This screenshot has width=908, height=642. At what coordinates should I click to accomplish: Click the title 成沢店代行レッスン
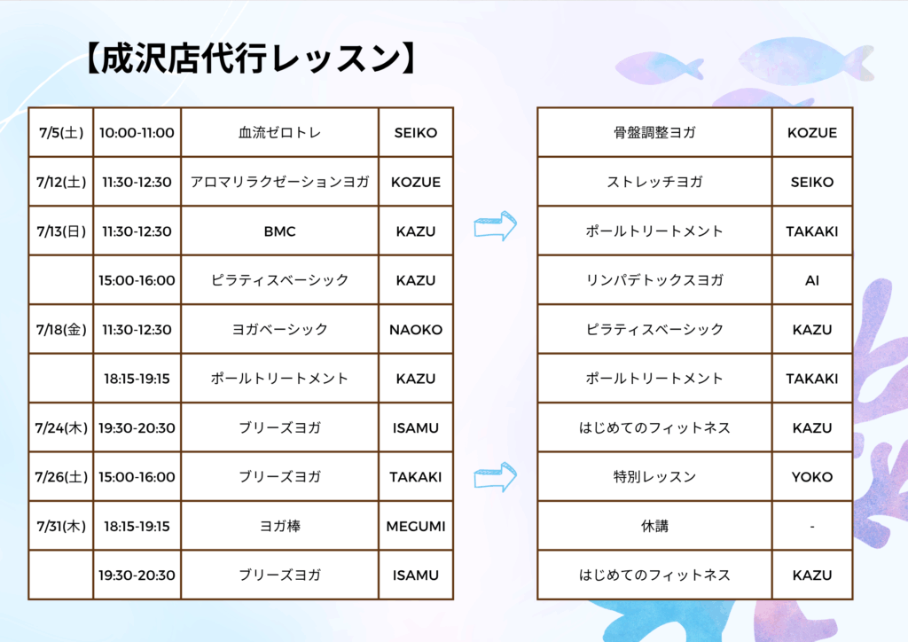[x=250, y=58]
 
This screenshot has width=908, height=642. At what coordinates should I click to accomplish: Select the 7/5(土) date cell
[x=61, y=133]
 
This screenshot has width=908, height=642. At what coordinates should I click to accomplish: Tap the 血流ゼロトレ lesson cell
[x=279, y=133]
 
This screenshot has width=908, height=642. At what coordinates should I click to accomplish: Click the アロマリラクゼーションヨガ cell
[x=279, y=182]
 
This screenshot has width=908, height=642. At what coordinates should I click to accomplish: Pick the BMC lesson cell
[x=279, y=231]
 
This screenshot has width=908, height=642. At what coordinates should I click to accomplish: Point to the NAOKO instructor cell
[x=416, y=329]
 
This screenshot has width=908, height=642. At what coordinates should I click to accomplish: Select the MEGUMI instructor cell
[x=416, y=526]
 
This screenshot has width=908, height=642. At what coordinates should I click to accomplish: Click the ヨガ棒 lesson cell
[x=279, y=526]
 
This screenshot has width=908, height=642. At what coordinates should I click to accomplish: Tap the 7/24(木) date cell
[x=61, y=427]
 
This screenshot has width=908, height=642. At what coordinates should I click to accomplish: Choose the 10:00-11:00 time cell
[x=137, y=133]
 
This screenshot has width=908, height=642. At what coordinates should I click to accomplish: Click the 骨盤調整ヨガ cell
[x=654, y=133]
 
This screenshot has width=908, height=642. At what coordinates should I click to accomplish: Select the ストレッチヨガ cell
[x=654, y=182]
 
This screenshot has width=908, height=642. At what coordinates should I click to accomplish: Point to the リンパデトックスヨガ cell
[x=654, y=280]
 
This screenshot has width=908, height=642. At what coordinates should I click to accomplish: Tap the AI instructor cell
[x=812, y=280]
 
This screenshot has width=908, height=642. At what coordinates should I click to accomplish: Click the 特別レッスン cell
[x=654, y=477]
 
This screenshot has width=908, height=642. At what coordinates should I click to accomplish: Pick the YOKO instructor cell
[x=812, y=477]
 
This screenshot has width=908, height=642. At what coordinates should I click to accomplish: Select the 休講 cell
[x=654, y=526]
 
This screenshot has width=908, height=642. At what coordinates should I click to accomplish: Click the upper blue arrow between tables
[x=495, y=226]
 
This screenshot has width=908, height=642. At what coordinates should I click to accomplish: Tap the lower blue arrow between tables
[x=495, y=477]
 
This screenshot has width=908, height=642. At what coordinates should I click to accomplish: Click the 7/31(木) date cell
[x=61, y=526]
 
